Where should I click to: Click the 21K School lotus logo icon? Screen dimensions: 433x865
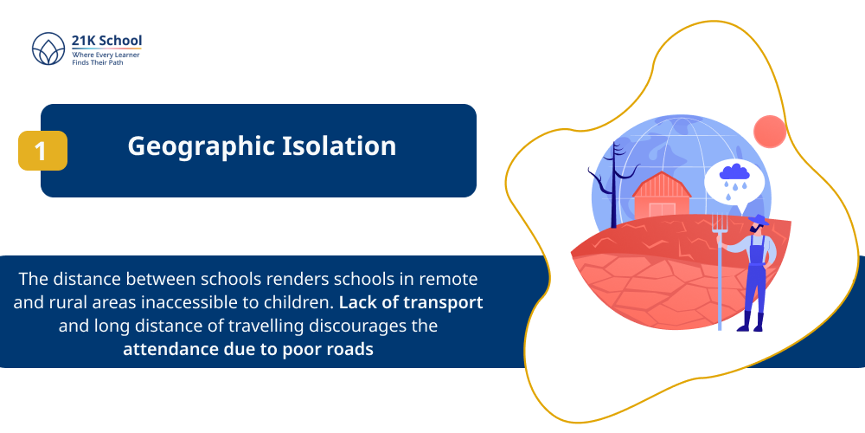point(48,49)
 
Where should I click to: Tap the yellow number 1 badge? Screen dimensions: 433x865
point(42,151)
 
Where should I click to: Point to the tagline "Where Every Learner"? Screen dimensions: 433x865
point(106,55)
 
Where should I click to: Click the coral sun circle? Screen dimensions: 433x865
point(769,131)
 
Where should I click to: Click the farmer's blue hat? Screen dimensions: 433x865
point(759,220)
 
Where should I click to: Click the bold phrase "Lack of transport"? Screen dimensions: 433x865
point(411,303)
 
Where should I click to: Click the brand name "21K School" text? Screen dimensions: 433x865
point(107,40)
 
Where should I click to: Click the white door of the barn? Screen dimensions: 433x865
point(661,210)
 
